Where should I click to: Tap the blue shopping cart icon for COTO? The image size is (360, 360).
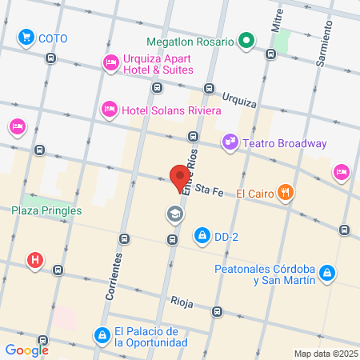point(27,37)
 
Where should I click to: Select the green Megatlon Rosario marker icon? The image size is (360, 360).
point(248,41)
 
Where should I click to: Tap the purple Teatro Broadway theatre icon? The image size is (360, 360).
point(230,142)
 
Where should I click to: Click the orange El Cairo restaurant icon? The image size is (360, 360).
point(286,192)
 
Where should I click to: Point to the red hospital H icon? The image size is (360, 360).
point(35,260)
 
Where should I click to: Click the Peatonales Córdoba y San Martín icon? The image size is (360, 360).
point(326,274)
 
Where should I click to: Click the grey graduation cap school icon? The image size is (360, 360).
point(174,214)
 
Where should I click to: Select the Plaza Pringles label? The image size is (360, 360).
point(46,211)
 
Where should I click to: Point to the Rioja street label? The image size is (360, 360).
point(182,301)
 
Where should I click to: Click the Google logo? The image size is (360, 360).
point(27,350)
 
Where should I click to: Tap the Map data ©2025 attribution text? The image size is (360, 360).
point(324,354)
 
